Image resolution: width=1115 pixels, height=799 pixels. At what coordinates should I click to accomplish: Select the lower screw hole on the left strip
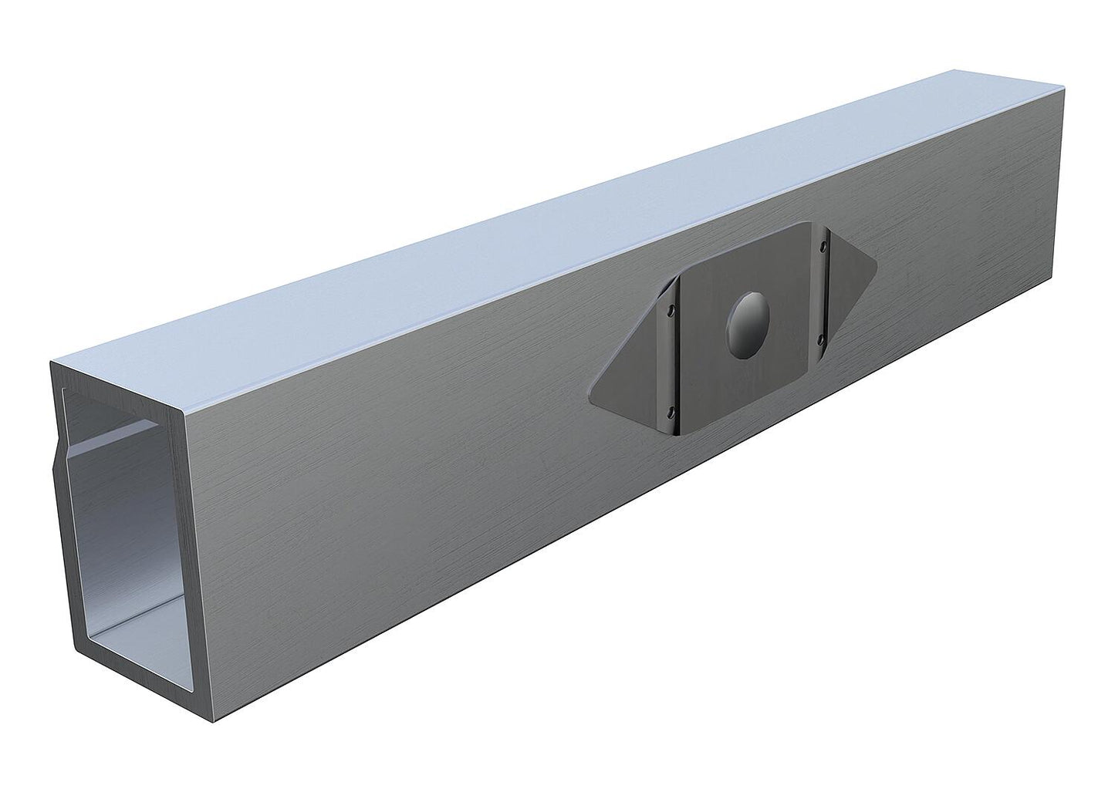(670, 409)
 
